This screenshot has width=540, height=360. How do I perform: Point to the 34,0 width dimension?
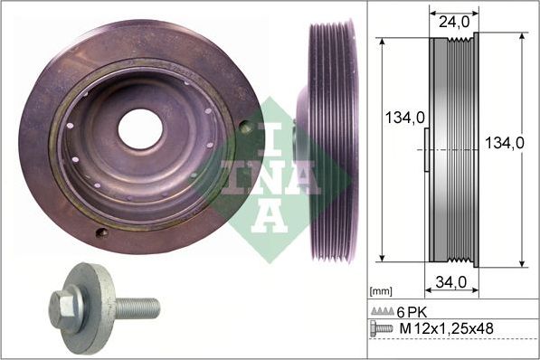[x=452, y=283]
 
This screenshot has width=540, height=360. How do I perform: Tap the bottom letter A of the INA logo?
[x=272, y=214]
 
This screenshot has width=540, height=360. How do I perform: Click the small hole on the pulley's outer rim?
[x=101, y=232]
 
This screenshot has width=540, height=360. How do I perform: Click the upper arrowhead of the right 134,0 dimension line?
[x=523, y=38]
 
